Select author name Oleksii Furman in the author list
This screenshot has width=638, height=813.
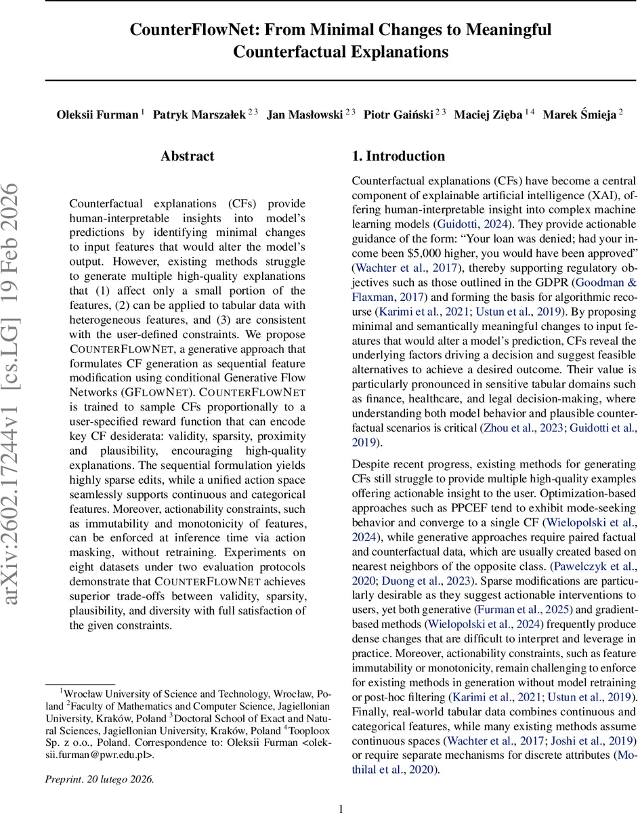97,114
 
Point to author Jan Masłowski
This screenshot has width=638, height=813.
304,114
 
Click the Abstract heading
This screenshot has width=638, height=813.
187,157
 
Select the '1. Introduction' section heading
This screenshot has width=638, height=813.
398,157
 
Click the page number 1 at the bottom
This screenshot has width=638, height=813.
341,803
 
